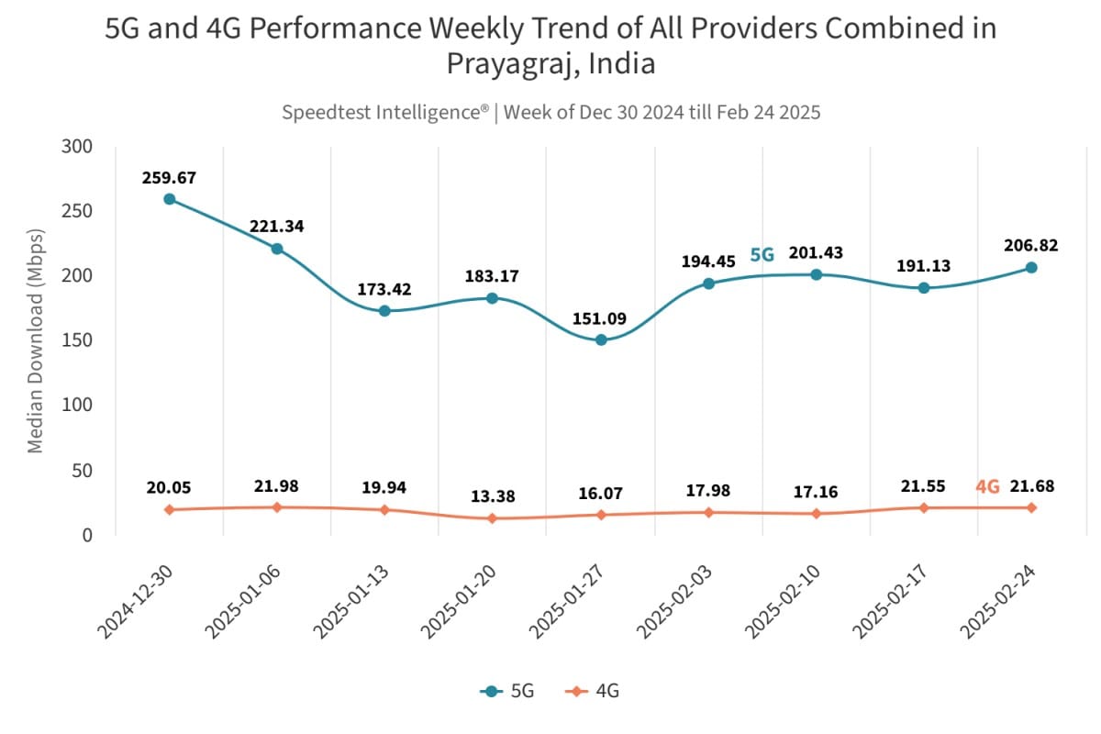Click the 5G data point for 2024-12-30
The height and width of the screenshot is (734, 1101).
tap(170, 199)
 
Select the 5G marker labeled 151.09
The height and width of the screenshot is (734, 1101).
tap(601, 340)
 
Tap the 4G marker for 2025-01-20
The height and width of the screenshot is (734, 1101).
tap(493, 518)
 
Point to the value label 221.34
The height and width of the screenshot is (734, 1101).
tap(277, 226)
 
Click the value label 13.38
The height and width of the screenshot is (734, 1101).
tap(493, 496)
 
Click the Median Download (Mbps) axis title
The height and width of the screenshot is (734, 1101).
tap(36, 340)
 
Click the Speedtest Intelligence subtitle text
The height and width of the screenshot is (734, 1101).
tap(550, 113)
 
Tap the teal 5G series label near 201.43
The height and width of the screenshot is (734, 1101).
tap(762, 255)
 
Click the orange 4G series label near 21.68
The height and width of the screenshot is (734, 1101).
tap(987, 487)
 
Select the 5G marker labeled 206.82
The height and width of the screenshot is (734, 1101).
tap(1031, 268)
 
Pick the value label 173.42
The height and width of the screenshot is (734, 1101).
tap(384, 290)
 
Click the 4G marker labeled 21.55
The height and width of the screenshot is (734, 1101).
tap(924, 507)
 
